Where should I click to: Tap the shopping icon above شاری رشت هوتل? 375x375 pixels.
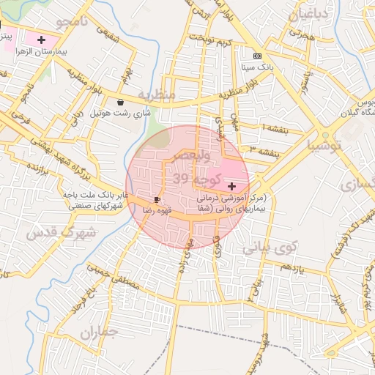pyautogui.click(x=121, y=103)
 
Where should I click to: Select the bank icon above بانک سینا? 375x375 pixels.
pyautogui.click(x=256, y=56)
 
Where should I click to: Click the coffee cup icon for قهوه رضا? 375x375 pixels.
pyautogui.click(x=157, y=199)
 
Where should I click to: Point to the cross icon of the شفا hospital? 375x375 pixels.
pyautogui.click(x=232, y=187)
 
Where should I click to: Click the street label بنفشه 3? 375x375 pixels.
pyautogui.click(x=264, y=152)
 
